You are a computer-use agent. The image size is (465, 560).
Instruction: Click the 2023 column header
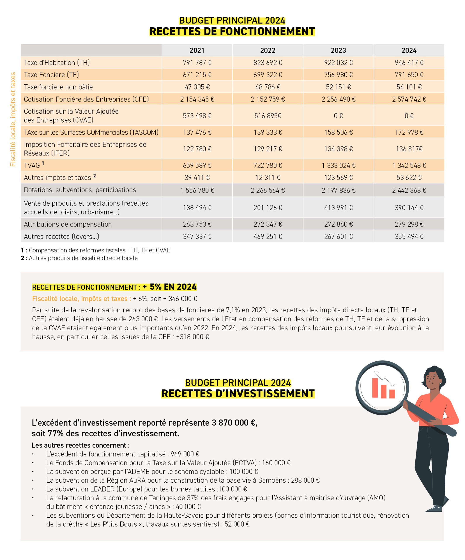point(338,50)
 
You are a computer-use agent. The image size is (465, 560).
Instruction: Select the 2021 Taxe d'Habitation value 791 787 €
point(197,63)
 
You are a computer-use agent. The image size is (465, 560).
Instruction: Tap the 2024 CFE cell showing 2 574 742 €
point(409,99)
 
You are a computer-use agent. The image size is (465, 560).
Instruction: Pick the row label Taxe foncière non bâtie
point(58,87)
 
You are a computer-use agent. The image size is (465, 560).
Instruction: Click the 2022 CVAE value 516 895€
point(268,116)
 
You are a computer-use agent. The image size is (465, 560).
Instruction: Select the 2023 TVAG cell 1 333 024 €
point(338,165)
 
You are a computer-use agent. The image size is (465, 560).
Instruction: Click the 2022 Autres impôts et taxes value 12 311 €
point(268,178)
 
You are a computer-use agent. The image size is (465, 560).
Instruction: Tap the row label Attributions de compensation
point(68,224)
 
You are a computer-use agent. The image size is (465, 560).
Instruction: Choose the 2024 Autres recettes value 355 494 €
point(409,236)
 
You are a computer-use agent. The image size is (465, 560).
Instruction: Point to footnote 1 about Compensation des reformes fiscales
point(95,250)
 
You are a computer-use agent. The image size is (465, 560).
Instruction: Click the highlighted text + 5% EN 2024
point(170,287)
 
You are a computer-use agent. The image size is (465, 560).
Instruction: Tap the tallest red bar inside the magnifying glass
point(375,388)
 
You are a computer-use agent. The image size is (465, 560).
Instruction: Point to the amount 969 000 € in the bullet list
point(185,454)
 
